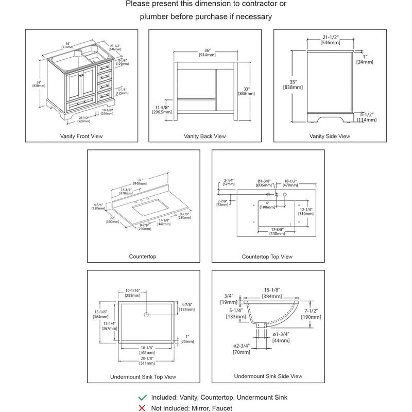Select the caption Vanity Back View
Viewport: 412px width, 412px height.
pyautogui.click(x=204, y=136)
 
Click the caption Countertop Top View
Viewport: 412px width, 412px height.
pyautogui.click(x=267, y=256)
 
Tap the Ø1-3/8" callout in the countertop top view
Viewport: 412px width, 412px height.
pyautogui.click(x=267, y=181)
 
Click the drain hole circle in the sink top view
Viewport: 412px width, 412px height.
pyautogui.click(x=146, y=314)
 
